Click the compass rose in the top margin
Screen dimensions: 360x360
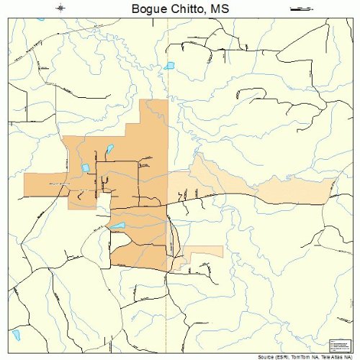(x=61, y=8)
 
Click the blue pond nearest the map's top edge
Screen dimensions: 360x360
(x=168, y=66)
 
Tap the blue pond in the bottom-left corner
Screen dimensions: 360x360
(x=16, y=335)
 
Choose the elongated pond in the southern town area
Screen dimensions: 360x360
(x=117, y=225)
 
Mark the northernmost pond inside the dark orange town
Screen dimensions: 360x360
(x=109, y=150)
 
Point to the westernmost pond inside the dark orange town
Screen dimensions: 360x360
(x=85, y=168)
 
